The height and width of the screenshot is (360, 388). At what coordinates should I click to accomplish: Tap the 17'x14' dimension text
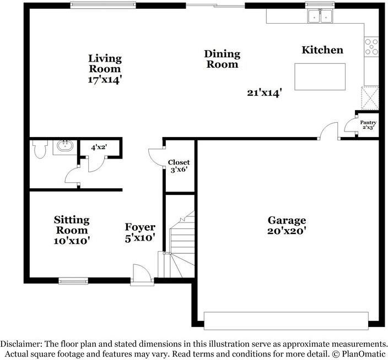point(105,79)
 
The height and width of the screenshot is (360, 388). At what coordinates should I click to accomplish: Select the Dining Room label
point(222,59)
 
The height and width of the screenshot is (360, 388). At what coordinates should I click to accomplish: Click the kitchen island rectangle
point(320,77)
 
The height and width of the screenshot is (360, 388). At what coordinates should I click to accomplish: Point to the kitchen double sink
point(321,17)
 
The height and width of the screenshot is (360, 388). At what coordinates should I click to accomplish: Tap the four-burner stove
point(371,47)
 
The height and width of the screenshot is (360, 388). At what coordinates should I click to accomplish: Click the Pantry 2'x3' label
point(368,125)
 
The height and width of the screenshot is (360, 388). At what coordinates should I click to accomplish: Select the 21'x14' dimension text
point(265,93)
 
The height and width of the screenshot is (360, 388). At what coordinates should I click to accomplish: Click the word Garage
point(286,220)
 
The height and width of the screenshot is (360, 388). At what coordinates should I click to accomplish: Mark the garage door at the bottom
point(285,320)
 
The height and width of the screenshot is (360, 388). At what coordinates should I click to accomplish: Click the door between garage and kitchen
point(329,132)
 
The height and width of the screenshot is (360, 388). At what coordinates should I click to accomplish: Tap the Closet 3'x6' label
point(179,166)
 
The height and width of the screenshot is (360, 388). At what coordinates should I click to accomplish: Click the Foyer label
point(140,227)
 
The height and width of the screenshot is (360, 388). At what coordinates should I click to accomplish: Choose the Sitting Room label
point(72,225)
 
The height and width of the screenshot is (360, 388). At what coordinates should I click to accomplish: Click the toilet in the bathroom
point(40,149)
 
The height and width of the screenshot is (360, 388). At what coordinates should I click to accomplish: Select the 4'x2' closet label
point(99,148)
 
